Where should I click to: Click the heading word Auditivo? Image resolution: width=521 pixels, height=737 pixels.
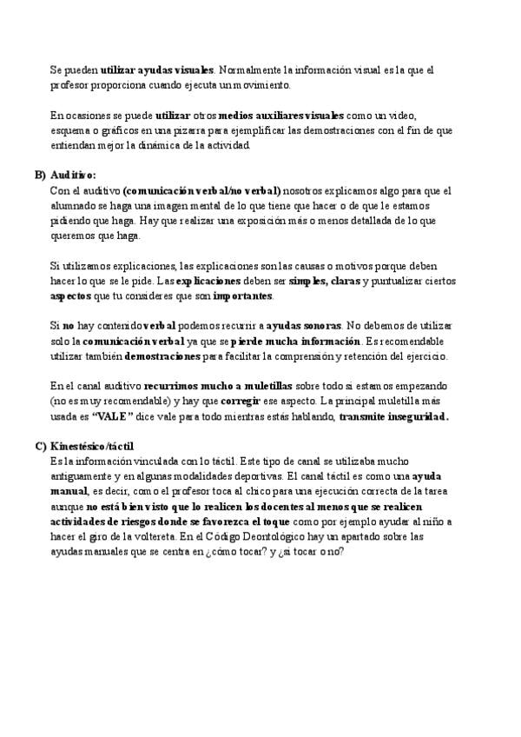73,175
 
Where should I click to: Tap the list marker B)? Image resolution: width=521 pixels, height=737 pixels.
40,175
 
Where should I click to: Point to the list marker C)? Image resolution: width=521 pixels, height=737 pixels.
40,446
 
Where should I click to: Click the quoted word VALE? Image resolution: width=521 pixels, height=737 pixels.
111,416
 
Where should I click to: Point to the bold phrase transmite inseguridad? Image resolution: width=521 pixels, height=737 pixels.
393,416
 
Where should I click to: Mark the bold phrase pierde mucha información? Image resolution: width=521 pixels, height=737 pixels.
295,341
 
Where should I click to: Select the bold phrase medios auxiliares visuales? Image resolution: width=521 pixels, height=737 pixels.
282,115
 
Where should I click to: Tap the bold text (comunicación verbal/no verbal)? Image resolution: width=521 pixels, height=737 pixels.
202,189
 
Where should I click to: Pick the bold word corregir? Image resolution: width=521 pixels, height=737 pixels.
241,402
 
